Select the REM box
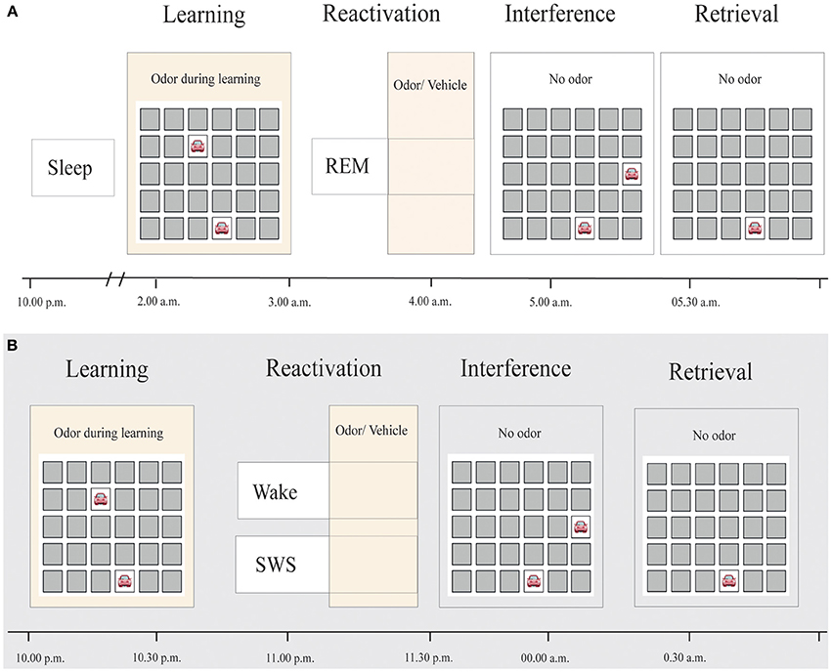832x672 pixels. point(349,167)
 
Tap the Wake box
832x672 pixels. point(282,490)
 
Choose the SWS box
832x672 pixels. point(282,565)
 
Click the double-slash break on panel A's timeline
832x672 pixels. point(114,281)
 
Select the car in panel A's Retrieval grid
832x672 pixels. point(753,229)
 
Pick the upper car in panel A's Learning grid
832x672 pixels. point(198,147)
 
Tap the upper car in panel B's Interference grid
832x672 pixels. point(581,527)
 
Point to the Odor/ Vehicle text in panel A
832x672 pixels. point(431,85)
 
